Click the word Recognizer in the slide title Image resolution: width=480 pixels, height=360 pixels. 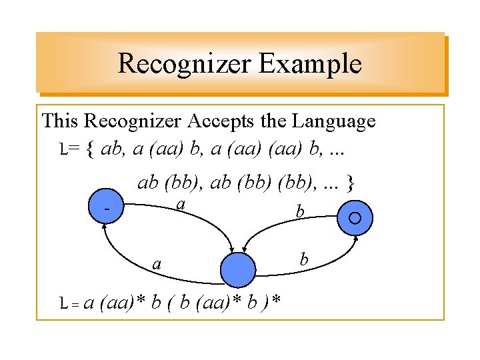pyautogui.click(x=183, y=64)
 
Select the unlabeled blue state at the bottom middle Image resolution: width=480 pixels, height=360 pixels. pyautogui.click(x=238, y=270)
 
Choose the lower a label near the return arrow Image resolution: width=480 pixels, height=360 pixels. pyautogui.click(x=157, y=264)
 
